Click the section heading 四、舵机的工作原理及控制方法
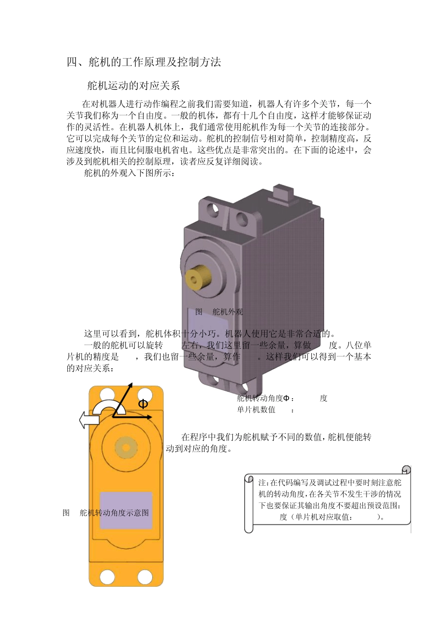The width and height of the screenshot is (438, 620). (144, 62)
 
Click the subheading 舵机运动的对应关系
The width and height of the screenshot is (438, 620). (134, 86)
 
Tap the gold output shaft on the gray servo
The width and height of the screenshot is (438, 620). (198, 277)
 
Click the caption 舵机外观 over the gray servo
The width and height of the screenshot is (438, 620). (227, 312)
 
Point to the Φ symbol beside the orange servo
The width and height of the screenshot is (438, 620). (143, 404)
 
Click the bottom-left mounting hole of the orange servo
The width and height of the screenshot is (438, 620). (107, 577)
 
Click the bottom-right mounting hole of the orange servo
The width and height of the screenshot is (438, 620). (145, 577)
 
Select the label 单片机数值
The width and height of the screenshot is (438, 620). (256, 410)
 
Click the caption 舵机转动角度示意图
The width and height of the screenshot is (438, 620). (114, 513)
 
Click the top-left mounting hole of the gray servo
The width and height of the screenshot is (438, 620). (214, 208)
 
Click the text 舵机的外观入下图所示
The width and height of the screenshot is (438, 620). (130, 173)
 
